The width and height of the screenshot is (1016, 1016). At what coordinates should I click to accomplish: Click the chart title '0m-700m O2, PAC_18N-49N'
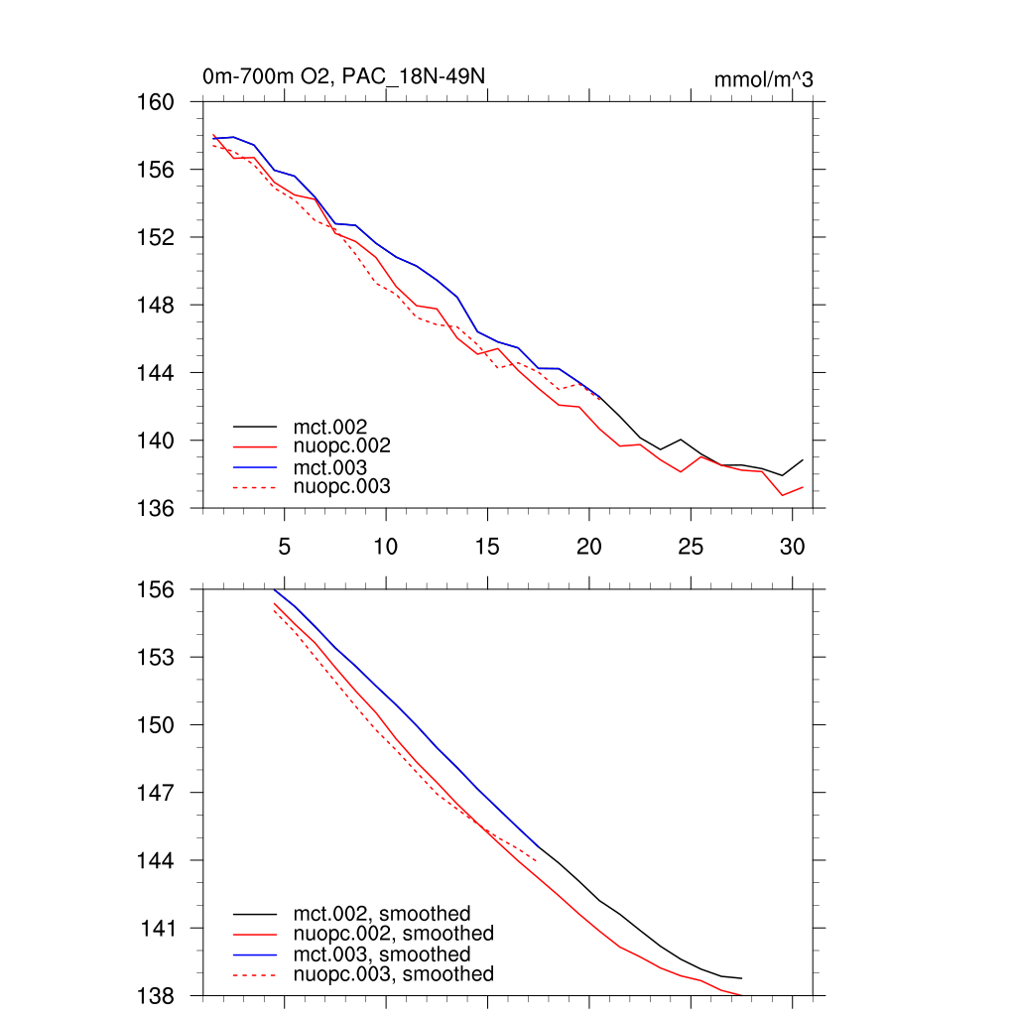pyautogui.click(x=343, y=76)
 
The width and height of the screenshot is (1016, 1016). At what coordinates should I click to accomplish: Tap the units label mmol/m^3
pyautogui.click(x=763, y=80)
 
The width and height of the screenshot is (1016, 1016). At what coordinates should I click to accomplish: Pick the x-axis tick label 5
pyautogui.click(x=284, y=546)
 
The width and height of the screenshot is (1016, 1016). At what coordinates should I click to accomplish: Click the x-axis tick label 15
pyautogui.click(x=487, y=546)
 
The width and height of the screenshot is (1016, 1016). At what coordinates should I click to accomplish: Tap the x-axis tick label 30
pyautogui.click(x=792, y=546)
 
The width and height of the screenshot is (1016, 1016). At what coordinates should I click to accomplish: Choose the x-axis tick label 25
pyautogui.click(x=691, y=546)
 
